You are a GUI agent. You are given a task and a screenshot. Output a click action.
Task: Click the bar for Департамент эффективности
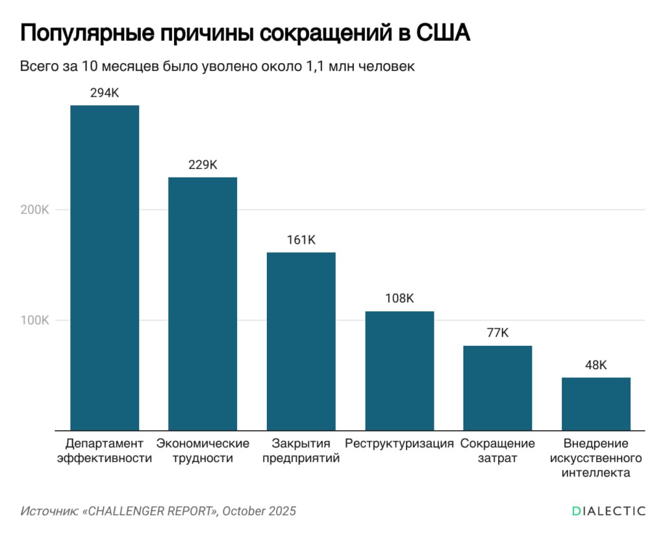(x=105, y=267)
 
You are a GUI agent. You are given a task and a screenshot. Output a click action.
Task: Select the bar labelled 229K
(x=203, y=303)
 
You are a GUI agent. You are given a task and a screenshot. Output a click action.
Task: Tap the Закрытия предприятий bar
(x=301, y=341)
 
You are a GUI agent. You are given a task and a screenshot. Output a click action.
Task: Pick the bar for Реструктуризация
(x=399, y=370)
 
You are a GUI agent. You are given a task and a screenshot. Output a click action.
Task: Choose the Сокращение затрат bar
(x=497, y=387)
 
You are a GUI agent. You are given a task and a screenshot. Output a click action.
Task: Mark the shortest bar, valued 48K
(x=596, y=404)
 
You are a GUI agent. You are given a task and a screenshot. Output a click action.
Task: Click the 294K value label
(x=105, y=93)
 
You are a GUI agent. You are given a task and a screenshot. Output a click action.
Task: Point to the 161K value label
(x=301, y=240)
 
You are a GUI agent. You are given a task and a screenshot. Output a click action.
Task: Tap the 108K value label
(x=399, y=299)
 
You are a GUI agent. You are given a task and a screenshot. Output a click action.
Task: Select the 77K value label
(x=497, y=333)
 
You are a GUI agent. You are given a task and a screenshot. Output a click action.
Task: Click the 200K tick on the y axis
(x=35, y=210)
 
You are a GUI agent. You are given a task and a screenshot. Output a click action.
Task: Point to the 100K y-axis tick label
(x=35, y=320)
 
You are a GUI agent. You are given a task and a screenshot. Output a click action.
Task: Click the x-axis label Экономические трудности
(x=203, y=450)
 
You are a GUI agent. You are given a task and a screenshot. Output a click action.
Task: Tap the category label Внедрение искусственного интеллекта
(x=596, y=458)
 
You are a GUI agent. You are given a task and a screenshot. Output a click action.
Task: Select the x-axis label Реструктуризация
(x=399, y=444)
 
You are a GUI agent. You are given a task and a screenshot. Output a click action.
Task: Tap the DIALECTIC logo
(x=609, y=511)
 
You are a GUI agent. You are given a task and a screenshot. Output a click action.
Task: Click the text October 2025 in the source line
(x=259, y=511)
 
